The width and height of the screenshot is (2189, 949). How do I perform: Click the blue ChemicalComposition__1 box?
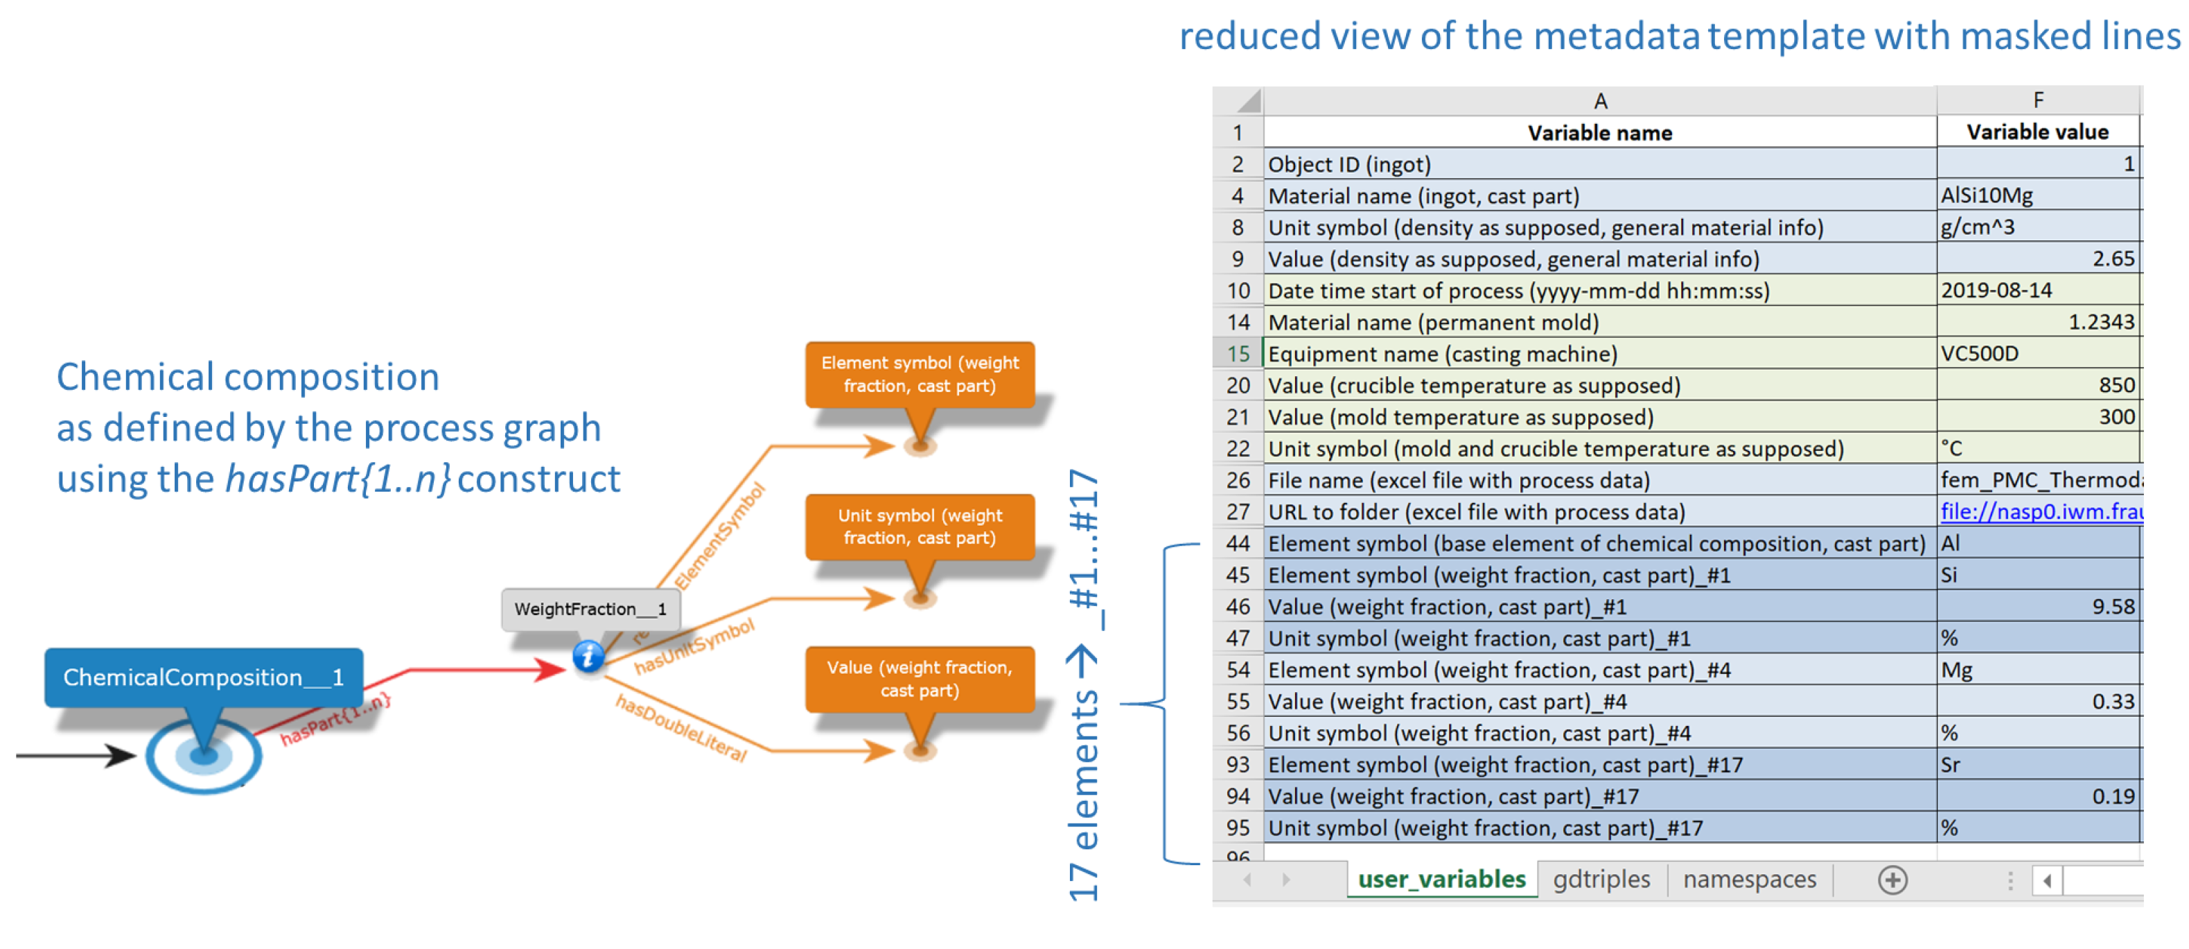pyautogui.click(x=204, y=677)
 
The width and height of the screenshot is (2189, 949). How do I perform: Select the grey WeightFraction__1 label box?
pyautogui.click(x=590, y=609)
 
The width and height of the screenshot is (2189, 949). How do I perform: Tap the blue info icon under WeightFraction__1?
pyautogui.click(x=588, y=656)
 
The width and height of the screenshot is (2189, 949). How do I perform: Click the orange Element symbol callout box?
pyautogui.click(x=920, y=374)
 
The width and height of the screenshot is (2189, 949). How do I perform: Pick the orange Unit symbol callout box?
pyautogui.click(x=920, y=526)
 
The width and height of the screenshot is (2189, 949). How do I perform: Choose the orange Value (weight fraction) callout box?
pyautogui.click(x=920, y=679)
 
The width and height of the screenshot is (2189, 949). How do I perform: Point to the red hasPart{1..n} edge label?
pyautogui.click(x=335, y=719)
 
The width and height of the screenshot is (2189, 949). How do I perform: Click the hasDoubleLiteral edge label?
pyautogui.click(x=680, y=728)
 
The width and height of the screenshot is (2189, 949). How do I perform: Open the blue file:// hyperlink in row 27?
pyautogui.click(x=2039, y=511)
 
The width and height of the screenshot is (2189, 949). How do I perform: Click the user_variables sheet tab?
pyautogui.click(x=1441, y=879)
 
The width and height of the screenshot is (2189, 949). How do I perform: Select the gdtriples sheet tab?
pyautogui.click(x=1601, y=879)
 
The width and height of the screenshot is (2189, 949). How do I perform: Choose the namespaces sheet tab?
pyautogui.click(x=1749, y=879)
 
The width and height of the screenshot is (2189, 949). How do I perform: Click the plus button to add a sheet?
pyautogui.click(x=1892, y=880)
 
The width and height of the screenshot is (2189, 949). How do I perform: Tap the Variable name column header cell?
pyautogui.click(x=1599, y=132)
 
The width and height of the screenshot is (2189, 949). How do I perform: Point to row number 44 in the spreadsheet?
pyautogui.click(x=1238, y=544)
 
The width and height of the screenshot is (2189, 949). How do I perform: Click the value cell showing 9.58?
pyautogui.click(x=2038, y=607)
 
